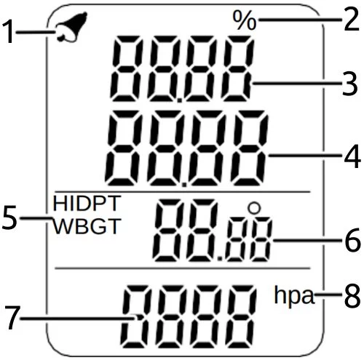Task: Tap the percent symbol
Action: pos(245,20)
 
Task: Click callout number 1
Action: pos(9,32)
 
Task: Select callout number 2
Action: pos(351,20)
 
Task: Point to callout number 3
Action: pos(349,84)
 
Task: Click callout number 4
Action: pos(352,156)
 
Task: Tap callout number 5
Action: pos(9,217)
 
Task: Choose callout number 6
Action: pos(352,240)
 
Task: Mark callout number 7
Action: pos(12,317)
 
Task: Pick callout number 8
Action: pos(352,296)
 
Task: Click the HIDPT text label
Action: pos(87,203)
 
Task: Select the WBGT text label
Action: pos(87,226)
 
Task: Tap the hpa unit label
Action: pos(294,295)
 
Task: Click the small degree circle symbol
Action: pos(254,207)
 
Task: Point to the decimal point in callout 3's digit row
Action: pos(180,100)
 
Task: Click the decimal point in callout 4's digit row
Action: pos(185,185)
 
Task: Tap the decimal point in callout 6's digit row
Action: pos(220,258)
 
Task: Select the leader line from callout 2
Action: pos(300,20)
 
